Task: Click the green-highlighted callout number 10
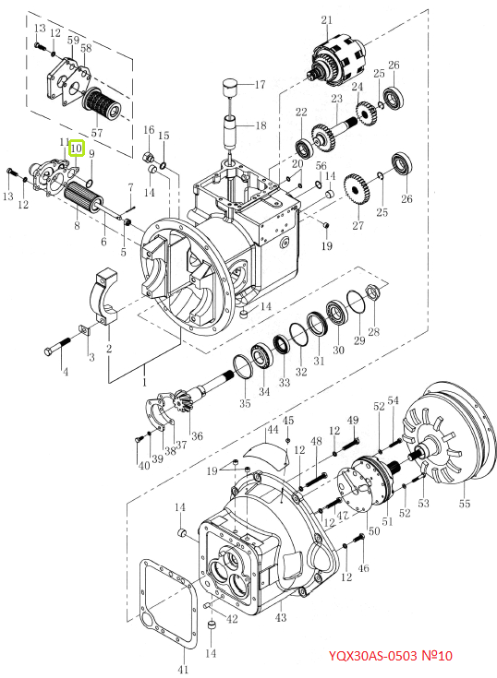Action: click(x=76, y=149)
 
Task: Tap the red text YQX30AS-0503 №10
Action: click(x=390, y=656)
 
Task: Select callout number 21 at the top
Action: click(x=327, y=20)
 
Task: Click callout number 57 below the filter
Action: click(x=97, y=132)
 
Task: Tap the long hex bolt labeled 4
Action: click(x=57, y=346)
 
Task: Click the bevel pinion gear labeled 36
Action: click(x=182, y=401)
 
